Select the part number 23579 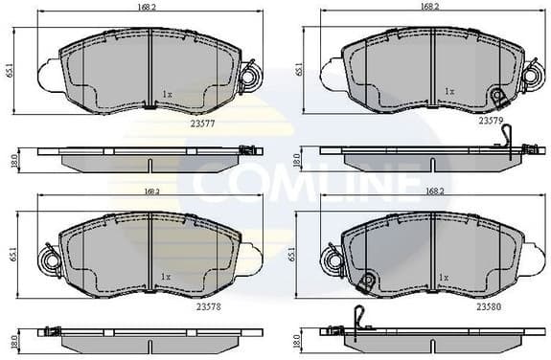coord(492,122)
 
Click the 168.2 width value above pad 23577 coord(148,7)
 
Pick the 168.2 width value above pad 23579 coord(429,7)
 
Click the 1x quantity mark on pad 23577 coord(166,94)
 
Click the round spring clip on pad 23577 coord(249,76)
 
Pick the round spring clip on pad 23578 coord(48,259)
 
